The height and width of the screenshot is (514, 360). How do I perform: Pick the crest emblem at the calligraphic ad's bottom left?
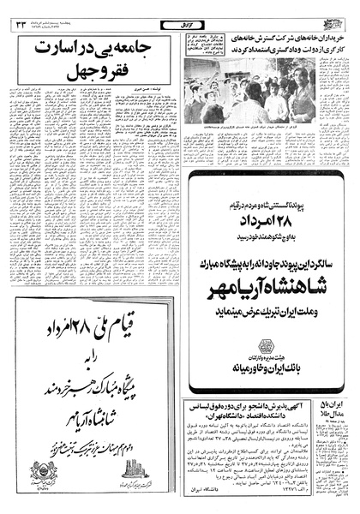tap(44, 472)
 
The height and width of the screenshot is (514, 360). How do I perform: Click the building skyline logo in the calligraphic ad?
tap(135, 470)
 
